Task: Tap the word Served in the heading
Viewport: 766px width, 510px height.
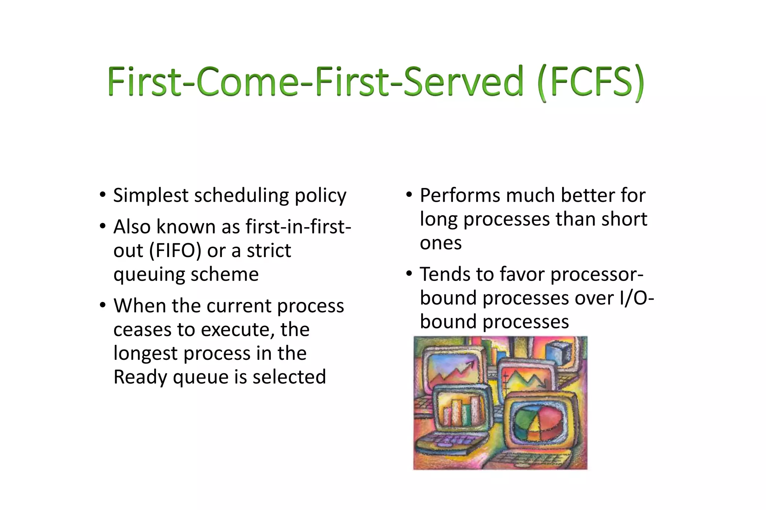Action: click(463, 81)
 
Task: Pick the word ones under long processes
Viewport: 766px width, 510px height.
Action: click(441, 243)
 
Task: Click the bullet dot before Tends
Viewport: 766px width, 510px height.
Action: click(409, 274)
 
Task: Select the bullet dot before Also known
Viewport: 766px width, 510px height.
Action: click(102, 226)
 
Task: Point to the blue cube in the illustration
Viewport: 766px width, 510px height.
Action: click(558, 353)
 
